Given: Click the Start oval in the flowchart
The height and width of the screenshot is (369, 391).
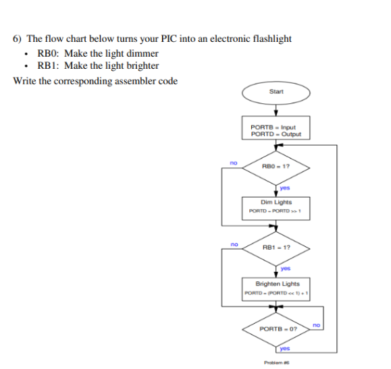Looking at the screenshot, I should click(276, 92).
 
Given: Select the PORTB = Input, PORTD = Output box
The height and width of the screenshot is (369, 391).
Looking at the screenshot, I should click(276, 130).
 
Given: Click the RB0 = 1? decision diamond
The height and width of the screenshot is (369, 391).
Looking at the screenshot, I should click(276, 166).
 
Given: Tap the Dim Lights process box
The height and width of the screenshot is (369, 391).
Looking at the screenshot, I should click(276, 205).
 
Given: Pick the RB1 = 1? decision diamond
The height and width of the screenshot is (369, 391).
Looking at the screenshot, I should click(276, 248).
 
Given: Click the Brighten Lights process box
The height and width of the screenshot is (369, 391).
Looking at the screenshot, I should click(276, 288).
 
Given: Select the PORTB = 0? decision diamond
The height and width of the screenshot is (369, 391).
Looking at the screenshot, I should click(276, 329).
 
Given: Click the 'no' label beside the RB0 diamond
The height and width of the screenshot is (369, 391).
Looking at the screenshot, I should click(233, 163).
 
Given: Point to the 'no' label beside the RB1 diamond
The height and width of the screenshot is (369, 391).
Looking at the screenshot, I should click(234, 244).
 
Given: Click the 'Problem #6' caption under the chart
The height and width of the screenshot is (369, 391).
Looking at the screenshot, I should click(276, 363).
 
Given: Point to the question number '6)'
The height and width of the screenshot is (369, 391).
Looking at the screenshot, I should click(18, 38).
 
